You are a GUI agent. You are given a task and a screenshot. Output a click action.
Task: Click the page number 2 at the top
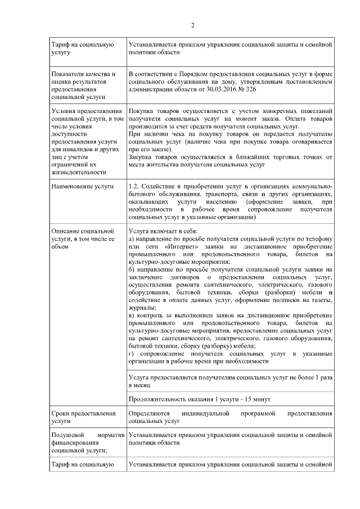192,25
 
